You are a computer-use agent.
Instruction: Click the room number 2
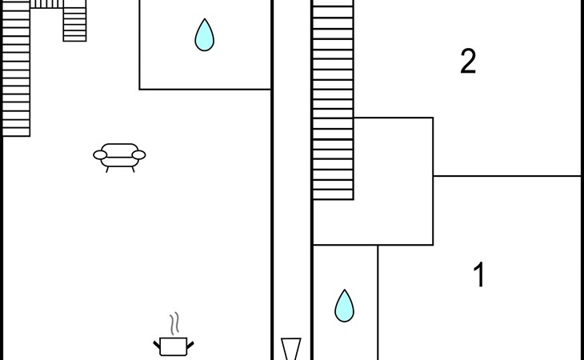click(x=468, y=62)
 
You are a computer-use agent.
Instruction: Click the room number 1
click(x=479, y=275)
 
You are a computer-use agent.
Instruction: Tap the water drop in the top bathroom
click(x=205, y=35)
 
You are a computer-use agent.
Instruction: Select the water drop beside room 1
click(x=344, y=306)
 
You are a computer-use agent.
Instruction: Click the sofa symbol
click(x=119, y=155)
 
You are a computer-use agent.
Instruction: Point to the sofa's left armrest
click(x=100, y=154)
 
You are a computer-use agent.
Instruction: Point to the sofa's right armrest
click(x=138, y=154)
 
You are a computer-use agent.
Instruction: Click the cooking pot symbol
click(x=174, y=346)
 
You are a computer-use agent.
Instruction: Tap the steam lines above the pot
click(x=174, y=323)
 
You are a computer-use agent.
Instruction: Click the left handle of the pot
click(x=157, y=344)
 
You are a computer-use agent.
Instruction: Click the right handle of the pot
click(x=190, y=344)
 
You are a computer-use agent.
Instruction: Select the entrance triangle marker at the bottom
click(x=290, y=350)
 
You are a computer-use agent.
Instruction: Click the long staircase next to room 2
click(x=333, y=100)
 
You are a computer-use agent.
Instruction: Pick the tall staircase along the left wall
click(x=16, y=68)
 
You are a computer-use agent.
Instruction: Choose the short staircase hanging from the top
click(x=74, y=23)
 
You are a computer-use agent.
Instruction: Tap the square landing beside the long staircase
click(x=393, y=181)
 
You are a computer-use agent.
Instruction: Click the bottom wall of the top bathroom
click(x=206, y=89)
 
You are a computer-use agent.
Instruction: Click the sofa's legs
click(x=119, y=168)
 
